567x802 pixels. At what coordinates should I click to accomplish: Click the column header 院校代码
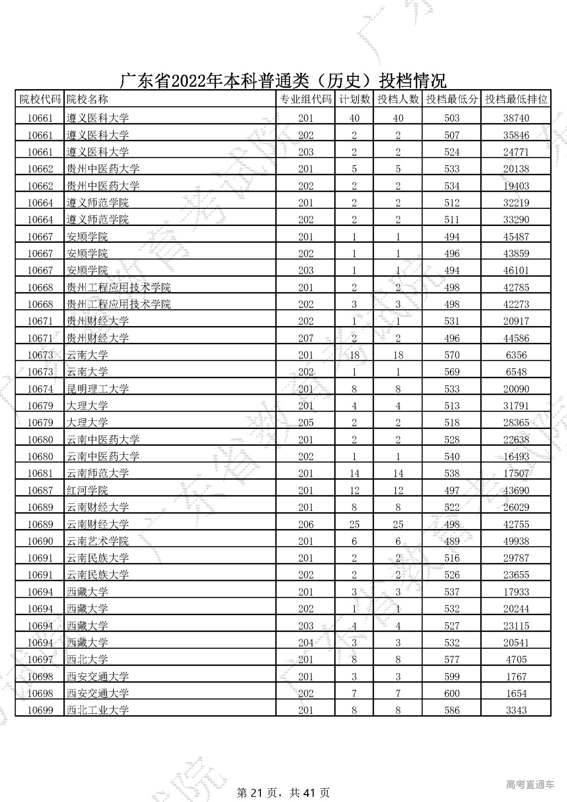click(x=40, y=99)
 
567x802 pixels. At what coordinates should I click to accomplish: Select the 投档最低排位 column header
click(x=516, y=99)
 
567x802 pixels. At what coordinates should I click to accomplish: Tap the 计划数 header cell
click(x=354, y=99)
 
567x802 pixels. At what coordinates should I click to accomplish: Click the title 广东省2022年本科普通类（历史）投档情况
click(x=283, y=81)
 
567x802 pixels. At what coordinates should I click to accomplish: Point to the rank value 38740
click(x=516, y=118)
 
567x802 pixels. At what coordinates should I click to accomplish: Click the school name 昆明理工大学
click(x=97, y=389)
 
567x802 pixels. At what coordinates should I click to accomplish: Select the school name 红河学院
click(x=87, y=491)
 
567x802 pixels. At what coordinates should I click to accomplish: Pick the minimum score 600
click(x=452, y=693)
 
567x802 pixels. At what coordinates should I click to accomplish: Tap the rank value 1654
click(x=516, y=693)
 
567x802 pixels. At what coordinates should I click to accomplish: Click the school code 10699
click(x=40, y=710)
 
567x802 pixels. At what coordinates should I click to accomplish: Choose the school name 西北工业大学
click(x=97, y=710)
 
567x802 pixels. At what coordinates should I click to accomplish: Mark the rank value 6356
click(x=516, y=355)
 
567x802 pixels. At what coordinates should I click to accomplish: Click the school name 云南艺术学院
click(x=97, y=541)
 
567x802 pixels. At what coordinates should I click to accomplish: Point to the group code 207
click(x=306, y=338)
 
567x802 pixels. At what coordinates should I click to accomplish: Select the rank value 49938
click(x=516, y=541)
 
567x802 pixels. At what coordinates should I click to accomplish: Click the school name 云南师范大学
click(x=97, y=473)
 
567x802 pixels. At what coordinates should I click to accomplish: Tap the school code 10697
click(x=40, y=660)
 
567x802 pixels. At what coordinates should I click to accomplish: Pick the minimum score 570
click(x=452, y=355)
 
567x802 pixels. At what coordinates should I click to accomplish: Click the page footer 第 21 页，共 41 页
click(x=283, y=792)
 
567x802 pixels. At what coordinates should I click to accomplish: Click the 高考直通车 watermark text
click(x=530, y=784)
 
